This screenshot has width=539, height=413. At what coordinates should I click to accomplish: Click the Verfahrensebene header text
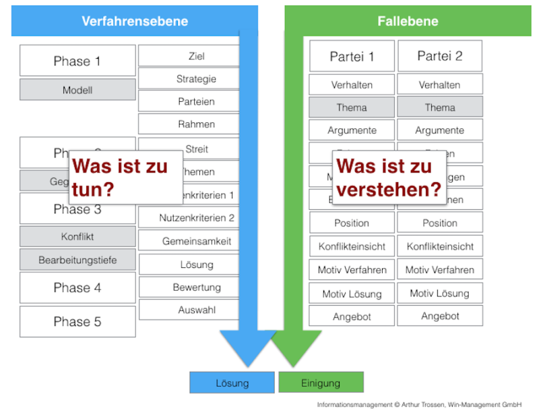point(135,21)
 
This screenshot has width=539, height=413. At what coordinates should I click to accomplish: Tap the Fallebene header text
point(407,21)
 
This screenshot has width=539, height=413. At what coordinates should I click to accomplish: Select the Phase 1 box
point(77,61)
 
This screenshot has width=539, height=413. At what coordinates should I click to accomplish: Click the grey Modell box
point(77,90)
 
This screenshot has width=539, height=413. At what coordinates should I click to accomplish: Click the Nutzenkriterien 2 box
point(196,217)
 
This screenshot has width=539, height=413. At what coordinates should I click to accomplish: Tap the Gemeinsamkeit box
point(196,241)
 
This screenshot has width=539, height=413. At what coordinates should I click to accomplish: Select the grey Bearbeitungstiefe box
point(77,259)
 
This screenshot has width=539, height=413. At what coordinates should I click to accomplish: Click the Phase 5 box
point(77,322)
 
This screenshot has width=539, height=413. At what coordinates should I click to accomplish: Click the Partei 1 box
point(352,56)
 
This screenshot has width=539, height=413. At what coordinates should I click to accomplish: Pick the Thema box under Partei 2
point(440,107)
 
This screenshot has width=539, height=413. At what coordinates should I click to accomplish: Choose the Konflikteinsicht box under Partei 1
point(352,246)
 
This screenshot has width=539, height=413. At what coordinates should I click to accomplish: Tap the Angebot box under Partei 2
point(440,316)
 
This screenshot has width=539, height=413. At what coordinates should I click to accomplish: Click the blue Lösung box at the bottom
point(232,383)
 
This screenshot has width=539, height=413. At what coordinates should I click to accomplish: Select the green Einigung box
point(321,383)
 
